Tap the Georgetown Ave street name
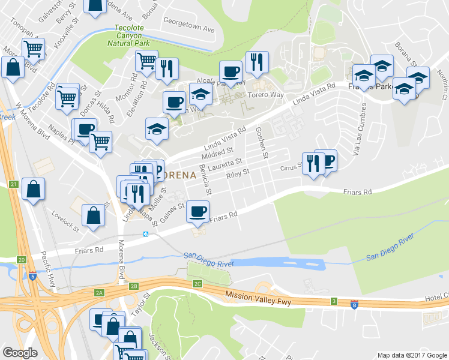[x=190, y=29]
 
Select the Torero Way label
[x=265, y=95]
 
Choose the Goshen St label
[x=262, y=143]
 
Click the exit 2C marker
[x=197, y=283]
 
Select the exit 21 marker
[x=13, y=184]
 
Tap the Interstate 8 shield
[x=354, y=305]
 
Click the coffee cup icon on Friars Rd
[x=197, y=211]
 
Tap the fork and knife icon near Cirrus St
[x=313, y=163]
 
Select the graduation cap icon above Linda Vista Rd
[x=157, y=129]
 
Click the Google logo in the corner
[x=20, y=353]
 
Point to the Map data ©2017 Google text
[x=412, y=355]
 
